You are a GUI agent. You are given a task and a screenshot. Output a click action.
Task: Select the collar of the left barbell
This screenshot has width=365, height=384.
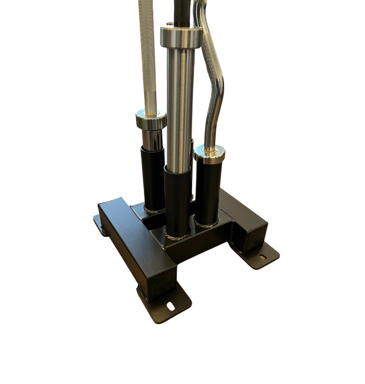(151, 120)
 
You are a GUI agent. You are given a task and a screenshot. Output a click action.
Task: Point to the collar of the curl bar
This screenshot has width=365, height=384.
(209, 154)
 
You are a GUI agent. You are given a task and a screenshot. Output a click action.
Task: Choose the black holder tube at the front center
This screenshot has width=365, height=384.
(177, 201)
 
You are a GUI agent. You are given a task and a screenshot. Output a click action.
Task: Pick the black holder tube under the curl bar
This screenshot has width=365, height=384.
(208, 192)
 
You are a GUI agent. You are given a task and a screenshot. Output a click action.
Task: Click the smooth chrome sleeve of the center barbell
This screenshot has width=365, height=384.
(180, 105)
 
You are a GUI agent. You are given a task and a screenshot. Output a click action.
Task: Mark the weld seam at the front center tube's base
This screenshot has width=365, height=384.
(177, 237)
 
